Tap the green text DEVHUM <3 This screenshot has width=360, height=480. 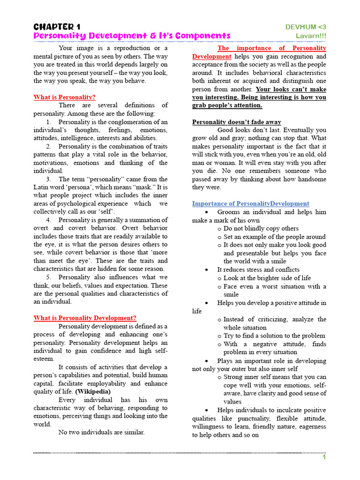coord(306,27)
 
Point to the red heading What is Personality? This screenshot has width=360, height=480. coord(64,97)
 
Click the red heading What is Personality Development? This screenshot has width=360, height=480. coord(85,318)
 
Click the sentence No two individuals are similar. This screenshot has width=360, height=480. coord(101,433)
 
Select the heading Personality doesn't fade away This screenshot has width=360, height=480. coord(237,122)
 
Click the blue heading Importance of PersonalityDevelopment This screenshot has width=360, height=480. coord(250,203)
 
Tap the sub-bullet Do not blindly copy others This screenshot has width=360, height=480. coord(261,228)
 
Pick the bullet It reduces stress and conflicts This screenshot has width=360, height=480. coord(258,270)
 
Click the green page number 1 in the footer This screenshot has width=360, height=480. coord(323,457)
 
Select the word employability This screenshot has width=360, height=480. coord(102,383)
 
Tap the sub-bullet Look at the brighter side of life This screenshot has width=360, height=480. coord(267,278)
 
